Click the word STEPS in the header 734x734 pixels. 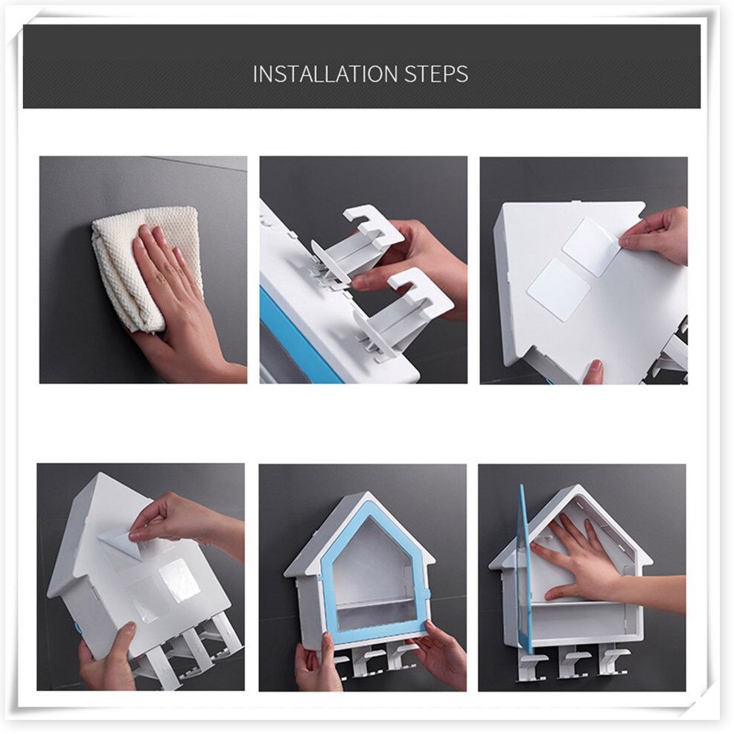click(x=435, y=74)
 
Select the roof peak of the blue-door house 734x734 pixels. click(x=370, y=494)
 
